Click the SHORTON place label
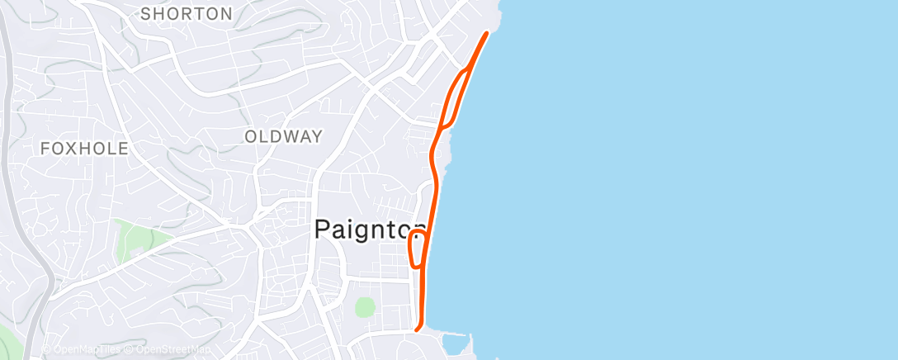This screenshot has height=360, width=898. point(186,14)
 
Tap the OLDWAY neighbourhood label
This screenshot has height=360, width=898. point(283,137)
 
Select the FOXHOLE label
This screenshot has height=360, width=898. point(85,149)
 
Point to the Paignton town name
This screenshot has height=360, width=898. point(371,230)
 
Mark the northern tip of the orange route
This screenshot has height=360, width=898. point(487,33)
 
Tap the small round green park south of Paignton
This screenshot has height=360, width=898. point(365,307)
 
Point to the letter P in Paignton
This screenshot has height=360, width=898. point(324,230)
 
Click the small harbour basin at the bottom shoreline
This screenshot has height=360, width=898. point(453,343)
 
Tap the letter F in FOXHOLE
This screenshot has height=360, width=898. point(45,149)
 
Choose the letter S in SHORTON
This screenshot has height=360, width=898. point(146,14)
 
